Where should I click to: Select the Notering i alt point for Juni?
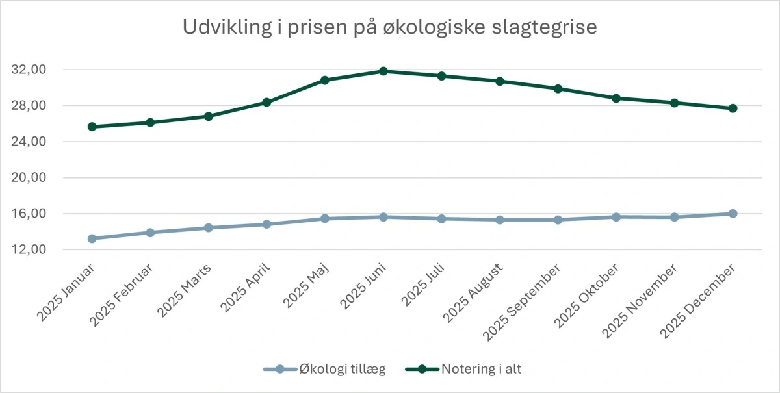(383, 71)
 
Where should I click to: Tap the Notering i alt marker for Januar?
(92, 127)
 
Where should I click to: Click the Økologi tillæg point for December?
(733, 213)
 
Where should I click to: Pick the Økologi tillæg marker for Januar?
(92, 238)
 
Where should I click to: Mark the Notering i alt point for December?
(733, 108)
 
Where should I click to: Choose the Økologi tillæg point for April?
(266, 224)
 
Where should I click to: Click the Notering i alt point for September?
(558, 88)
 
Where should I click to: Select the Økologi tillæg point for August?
(500, 220)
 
